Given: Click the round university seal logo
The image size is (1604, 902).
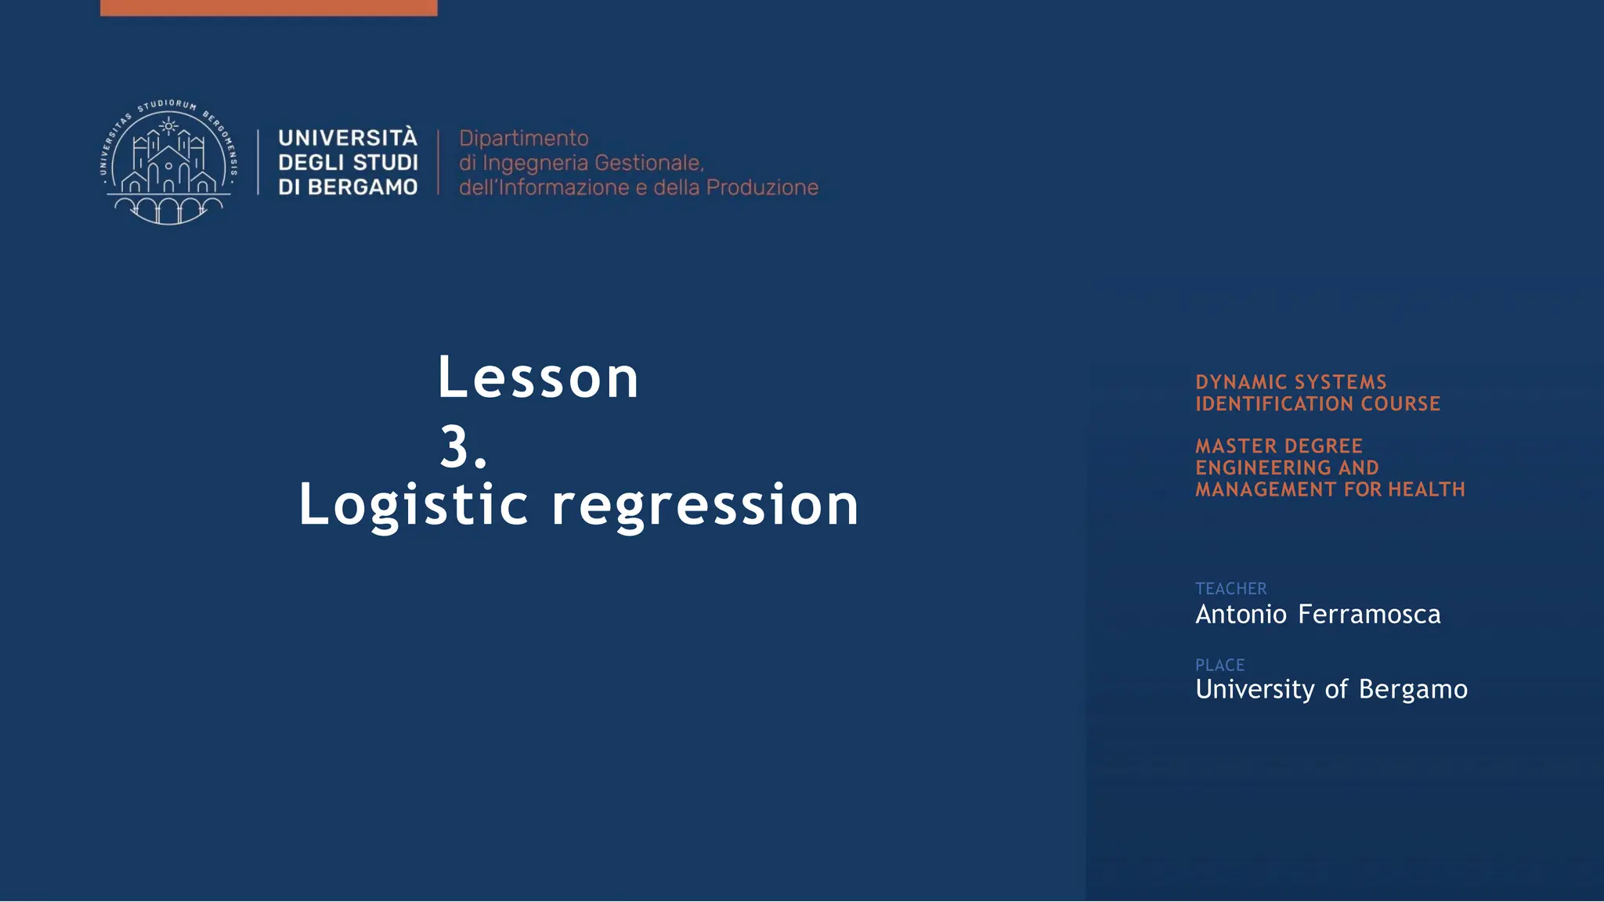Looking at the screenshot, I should point(168,162).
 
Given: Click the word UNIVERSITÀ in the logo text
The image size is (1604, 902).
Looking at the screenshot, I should point(348,138).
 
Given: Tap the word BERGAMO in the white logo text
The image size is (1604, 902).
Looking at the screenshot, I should point(362,187).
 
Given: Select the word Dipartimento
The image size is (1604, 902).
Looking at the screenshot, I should point(523,139).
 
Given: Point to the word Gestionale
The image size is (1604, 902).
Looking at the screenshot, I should point(648,163).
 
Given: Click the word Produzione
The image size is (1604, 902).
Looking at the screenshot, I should point(761,188).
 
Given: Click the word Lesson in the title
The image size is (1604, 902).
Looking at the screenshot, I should point(538,378).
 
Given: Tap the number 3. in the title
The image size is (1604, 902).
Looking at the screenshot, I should point(463,448).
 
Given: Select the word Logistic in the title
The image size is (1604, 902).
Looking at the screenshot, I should point(414,505).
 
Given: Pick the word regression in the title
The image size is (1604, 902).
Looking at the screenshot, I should point(705,505).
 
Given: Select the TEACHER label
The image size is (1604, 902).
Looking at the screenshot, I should point(1230,589).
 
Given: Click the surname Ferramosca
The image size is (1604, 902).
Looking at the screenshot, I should point(1368,615).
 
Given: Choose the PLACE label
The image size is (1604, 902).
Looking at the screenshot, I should point(1219,666).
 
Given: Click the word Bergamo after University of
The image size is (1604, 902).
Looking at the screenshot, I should point(1413,690).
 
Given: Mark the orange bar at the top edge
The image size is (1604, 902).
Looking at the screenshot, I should point(269,7).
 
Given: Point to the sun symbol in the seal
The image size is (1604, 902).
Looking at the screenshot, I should point(168,125).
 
